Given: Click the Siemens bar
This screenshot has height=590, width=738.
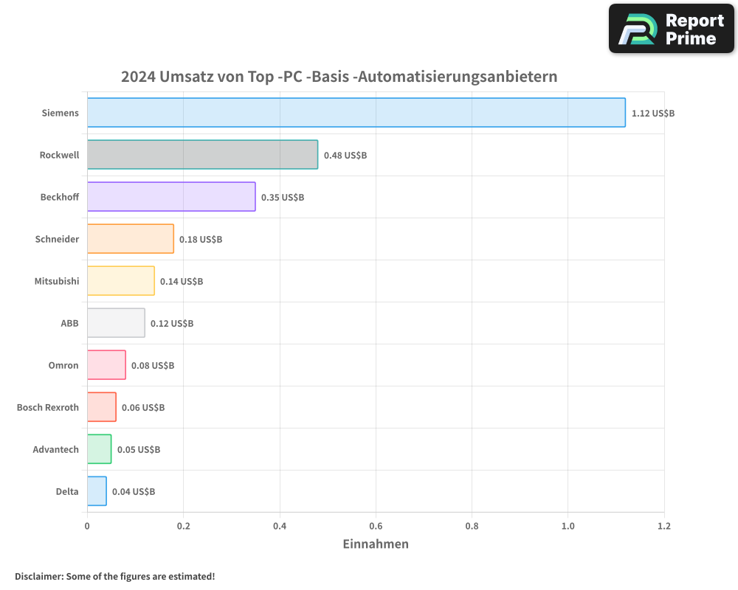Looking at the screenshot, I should click(356, 113).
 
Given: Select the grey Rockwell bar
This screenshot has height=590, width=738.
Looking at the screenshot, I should click(202, 155).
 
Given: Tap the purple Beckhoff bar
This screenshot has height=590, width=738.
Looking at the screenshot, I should click(171, 197).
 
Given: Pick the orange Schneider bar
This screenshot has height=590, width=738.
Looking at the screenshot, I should click(131, 239).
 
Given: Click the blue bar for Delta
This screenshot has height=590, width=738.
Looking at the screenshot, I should click(97, 491).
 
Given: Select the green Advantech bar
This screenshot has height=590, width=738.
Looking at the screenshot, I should click(99, 449).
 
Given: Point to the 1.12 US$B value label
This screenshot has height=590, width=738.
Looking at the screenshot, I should click(653, 114).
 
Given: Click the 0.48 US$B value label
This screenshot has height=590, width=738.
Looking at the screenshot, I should click(345, 156).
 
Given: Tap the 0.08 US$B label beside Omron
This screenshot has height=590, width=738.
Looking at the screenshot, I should click(153, 366).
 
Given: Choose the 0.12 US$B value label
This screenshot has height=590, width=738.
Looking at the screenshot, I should click(172, 324).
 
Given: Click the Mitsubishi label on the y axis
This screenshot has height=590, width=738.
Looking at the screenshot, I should click(57, 281).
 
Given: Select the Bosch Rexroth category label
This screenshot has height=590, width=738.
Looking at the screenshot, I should click(48, 407).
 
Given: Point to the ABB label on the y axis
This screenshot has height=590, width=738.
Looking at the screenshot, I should click(69, 323).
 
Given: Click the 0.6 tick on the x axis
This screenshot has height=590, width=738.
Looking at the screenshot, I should click(376, 526).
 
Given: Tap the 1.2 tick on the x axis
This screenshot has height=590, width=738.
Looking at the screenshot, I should click(664, 526).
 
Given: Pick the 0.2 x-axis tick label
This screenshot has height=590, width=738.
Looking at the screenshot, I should click(183, 526).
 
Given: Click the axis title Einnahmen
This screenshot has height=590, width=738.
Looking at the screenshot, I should click(376, 544).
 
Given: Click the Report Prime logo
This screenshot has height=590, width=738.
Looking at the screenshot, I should click(672, 29).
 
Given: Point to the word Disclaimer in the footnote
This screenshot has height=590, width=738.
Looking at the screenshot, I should click(38, 576).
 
